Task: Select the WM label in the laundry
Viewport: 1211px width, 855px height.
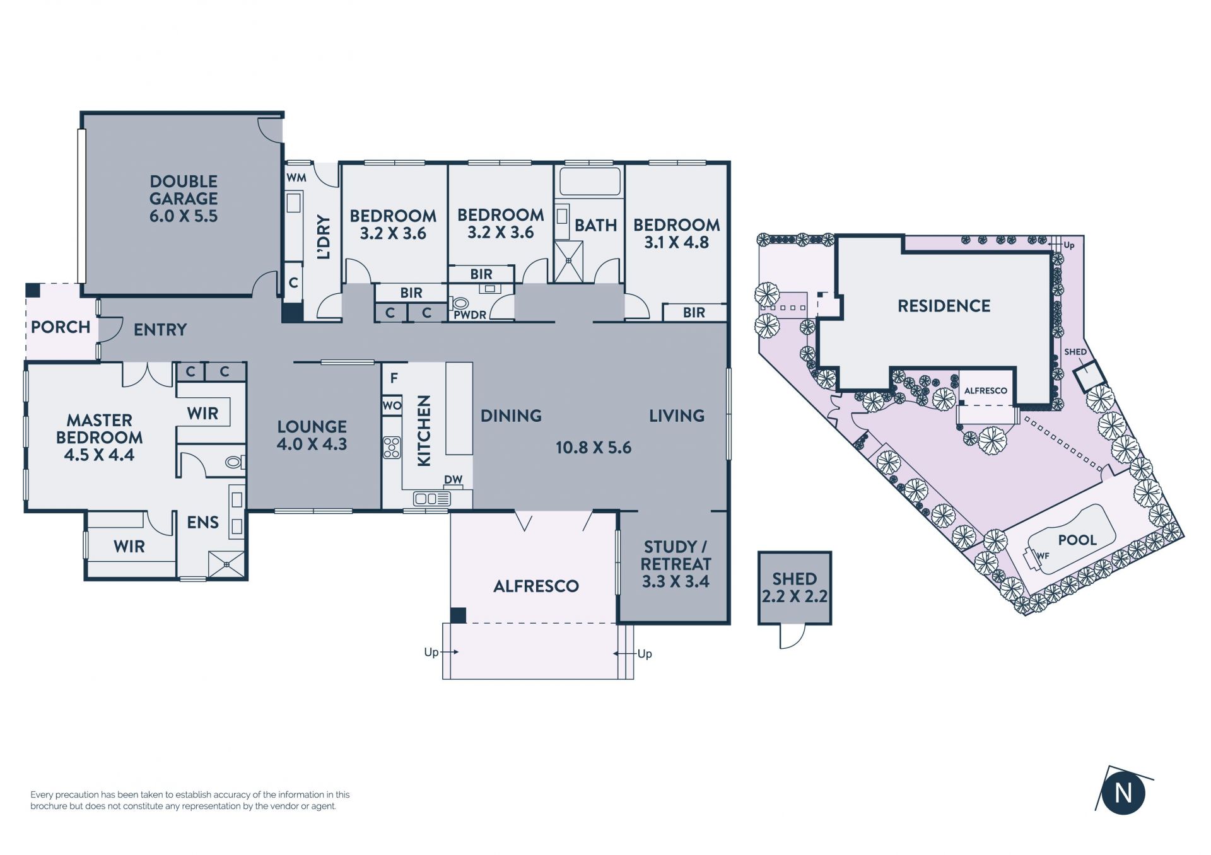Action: [x=296, y=178]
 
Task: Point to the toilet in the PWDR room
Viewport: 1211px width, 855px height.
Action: [x=460, y=304]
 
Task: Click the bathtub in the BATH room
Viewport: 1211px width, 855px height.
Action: [x=590, y=181]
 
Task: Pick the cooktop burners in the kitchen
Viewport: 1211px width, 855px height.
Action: [x=392, y=447]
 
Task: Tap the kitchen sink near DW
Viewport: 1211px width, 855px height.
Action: [x=432, y=499]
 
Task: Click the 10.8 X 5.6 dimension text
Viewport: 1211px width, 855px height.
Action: [x=594, y=448]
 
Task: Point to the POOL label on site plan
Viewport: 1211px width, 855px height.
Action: [x=1077, y=540]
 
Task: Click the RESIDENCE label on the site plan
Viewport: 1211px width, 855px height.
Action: [x=944, y=306]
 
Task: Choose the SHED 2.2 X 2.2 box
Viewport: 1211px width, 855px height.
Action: [x=795, y=588]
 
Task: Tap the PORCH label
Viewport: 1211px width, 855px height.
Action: [x=61, y=327]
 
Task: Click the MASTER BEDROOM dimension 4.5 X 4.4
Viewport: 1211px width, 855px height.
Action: [x=99, y=455]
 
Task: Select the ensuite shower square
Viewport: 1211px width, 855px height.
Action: [x=226, y=564]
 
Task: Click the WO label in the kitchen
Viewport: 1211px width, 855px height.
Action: [x=392, y=405]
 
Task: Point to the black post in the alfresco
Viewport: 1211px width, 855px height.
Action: [x=458, y=615]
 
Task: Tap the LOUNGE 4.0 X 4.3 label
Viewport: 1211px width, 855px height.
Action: [x=312, y=435]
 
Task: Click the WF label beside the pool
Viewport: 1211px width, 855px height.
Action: [x=1043, y=555]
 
